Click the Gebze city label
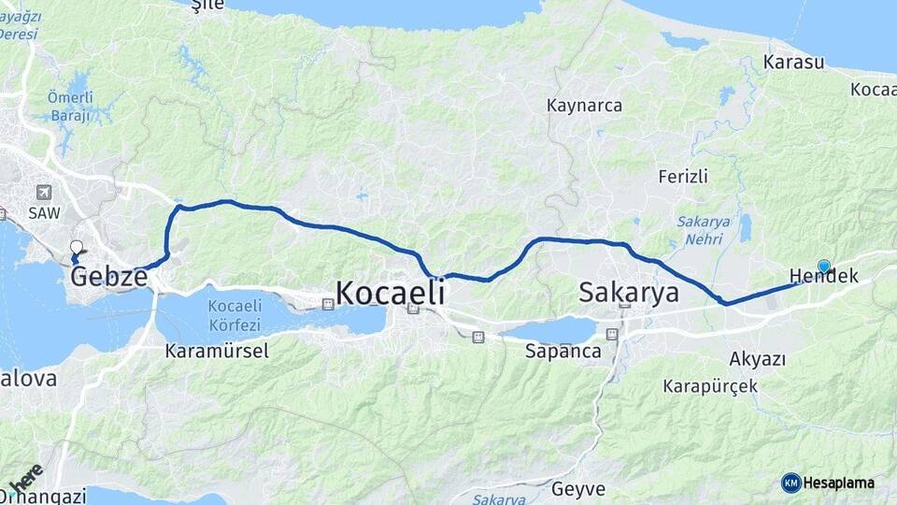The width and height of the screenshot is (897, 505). click(x=108, y=277)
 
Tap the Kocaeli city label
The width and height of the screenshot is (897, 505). click(x=389, y=293)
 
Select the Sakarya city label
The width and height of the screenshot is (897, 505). click(x=628, y=292)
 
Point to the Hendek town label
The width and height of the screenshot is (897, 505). click(x=823, y=276)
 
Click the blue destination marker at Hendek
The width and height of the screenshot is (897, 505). click(x=823, y=266)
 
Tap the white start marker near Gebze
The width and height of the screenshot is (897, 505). click(x=77, y=248)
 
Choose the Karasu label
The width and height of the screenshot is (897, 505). click(x=793, y=63)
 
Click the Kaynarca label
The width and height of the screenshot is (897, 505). click(x=585, y=106)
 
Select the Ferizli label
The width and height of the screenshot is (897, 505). click(x=683, y=176)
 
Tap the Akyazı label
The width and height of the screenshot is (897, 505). click(x=757, y=359)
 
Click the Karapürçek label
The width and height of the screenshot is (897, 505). click(x=710, y=386)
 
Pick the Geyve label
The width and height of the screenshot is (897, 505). click(x=578, y=488)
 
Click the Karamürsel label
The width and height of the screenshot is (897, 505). click(x=216, y=352)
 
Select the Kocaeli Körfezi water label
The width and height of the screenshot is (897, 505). click(x=236, y=314)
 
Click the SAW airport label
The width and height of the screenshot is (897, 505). click(x=44, y=213)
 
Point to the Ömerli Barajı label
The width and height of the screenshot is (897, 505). click(x=70, y=107)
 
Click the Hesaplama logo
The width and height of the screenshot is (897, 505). click(x=828, y=483)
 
